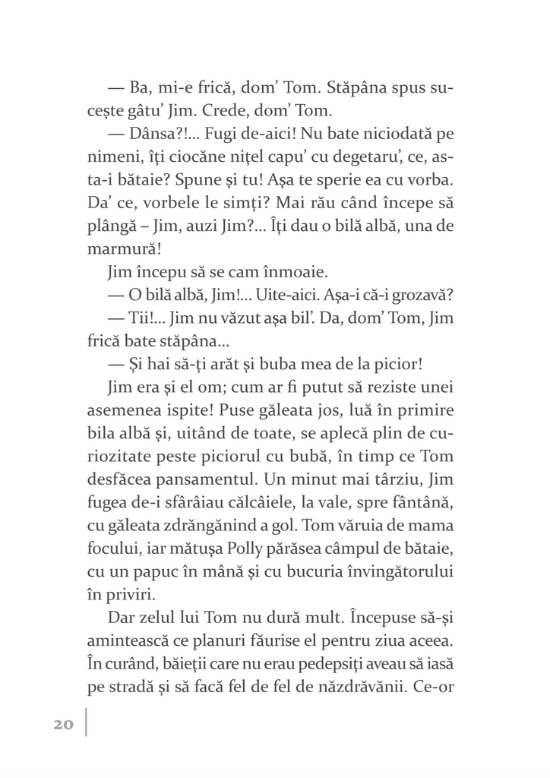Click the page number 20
63,724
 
